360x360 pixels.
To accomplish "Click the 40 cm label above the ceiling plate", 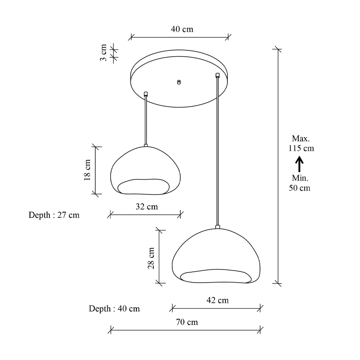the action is click(182, 29).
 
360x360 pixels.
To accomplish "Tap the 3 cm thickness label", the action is click(103, 53).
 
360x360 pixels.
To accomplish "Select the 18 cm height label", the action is click(87, 170).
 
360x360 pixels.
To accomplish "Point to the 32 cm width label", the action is click(147, 207).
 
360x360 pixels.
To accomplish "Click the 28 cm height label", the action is click(151, 258).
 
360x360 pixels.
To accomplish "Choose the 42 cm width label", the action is click(217, 300).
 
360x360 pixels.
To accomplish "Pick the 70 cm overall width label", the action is click(187, 322).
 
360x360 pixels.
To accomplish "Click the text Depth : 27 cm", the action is click(54, 215).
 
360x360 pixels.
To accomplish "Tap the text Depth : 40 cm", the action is click(114, 308).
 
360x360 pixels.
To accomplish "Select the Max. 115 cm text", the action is click(301, 143).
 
